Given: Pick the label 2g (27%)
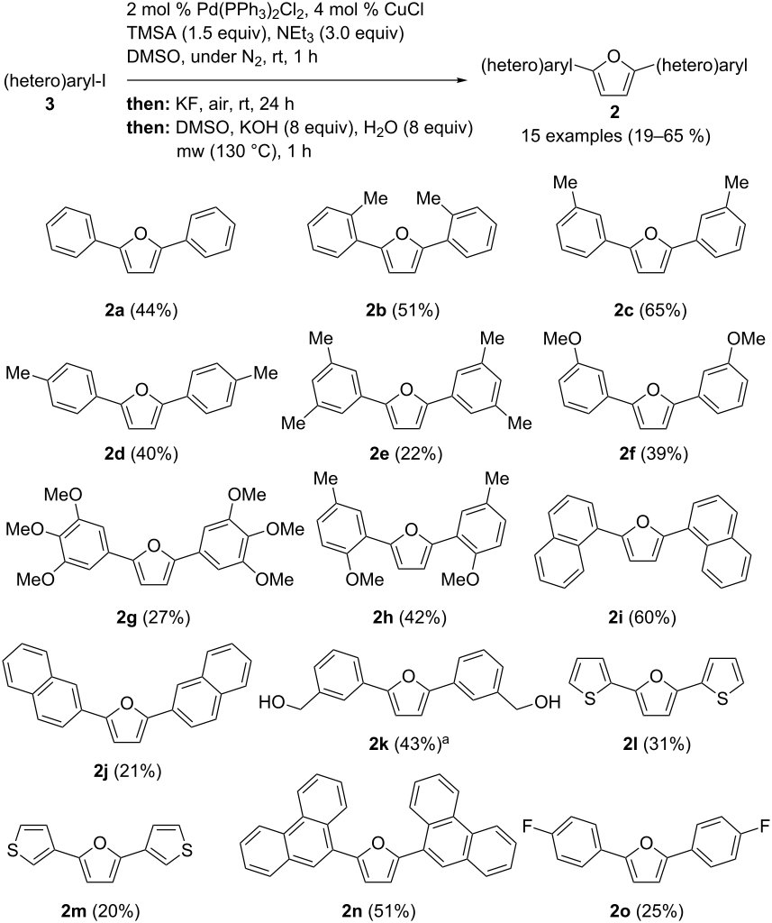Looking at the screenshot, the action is click(154, 617).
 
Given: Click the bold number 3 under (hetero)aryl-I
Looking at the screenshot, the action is click(50, 105).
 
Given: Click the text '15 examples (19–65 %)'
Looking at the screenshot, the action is click(615, 136).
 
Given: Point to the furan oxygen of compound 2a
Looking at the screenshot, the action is click(141, 234).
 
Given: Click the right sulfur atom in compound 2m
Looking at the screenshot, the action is click(186, 850).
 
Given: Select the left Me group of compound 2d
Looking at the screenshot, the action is click(18, 372).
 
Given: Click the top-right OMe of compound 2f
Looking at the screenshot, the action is click(746, 339).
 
